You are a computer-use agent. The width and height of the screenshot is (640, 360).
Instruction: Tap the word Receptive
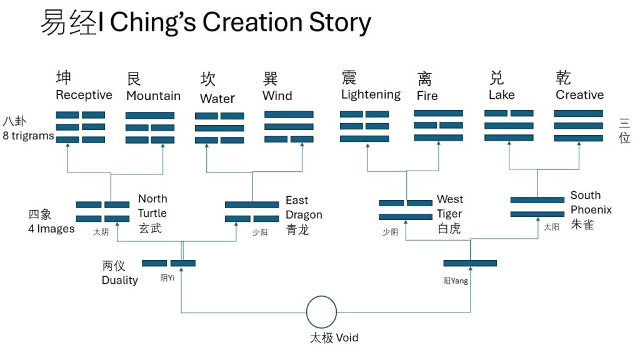pyautogui.click(x=84, y=95)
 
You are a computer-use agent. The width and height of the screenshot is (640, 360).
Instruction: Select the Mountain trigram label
pyautogui.click(x=153, y=96)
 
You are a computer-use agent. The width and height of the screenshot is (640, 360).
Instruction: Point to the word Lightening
pyautogui.click(x=371, y=94)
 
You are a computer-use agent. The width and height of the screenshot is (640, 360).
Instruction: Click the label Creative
pyautogui.click(x=579, y=95)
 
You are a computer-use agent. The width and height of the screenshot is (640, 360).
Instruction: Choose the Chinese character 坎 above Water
pyautogui.click(x=207, y=79)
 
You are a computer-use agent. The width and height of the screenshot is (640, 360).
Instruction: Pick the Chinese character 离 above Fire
pyautogui.click(x=424, y=79)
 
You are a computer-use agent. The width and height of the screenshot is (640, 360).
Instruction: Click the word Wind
pyautogui.click(x=277, y=96)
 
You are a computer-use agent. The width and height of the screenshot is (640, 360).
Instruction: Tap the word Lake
pyautogui.click(x=502, y=95)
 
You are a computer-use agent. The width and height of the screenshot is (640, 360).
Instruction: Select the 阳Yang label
pyautogui.click(x=456, y=281)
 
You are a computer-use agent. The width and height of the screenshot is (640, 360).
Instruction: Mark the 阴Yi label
pyautogui.click(x=167, y=279)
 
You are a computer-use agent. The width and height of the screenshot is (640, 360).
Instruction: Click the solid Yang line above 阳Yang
pyautogui.click(x=470, y=263)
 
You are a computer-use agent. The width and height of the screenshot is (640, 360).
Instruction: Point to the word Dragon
pyautogui.click(x=304, y=214)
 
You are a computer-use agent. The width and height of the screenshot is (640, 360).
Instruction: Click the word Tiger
pyautogui.click(x=449, y=214)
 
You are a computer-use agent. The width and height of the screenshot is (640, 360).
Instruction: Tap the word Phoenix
pyautogui.click(x=591, y=209)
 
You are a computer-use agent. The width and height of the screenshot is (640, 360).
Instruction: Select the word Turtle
pyautogui.click(x=152, y=213)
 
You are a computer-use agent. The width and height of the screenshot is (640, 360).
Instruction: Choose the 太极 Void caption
pyautogui.click(x=334, y=338)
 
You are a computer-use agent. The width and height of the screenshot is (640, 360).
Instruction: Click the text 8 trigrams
pyautogui.click(x=28, y=136)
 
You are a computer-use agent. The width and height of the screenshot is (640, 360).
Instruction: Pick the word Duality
pyautogui.click(x=119, y=280)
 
